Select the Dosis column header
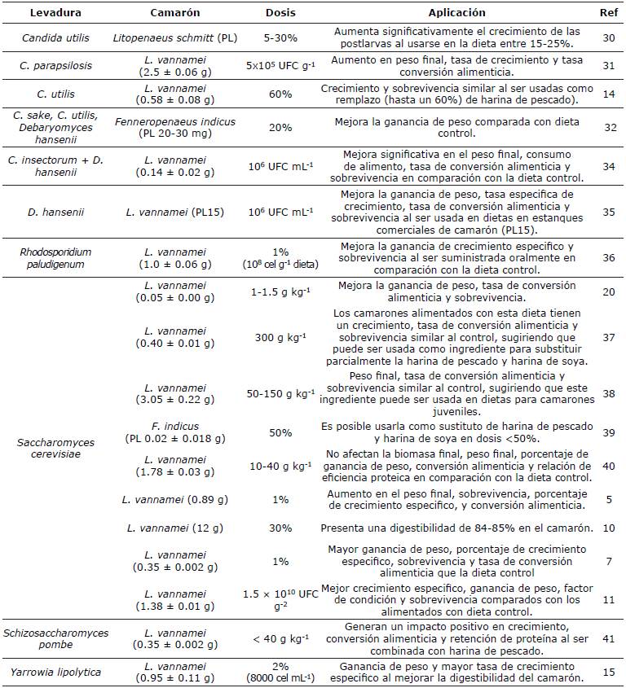tap(280, 12)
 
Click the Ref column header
tap(606, 12)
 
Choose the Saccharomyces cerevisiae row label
tap(55, 449)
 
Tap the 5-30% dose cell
tap(280, 38)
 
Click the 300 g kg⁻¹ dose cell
tap(280, 338)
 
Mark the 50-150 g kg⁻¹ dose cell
tap(280, 393)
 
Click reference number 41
tap(606, 638)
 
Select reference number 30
tap(606, 38)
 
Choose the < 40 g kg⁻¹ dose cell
tap(280, 638)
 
